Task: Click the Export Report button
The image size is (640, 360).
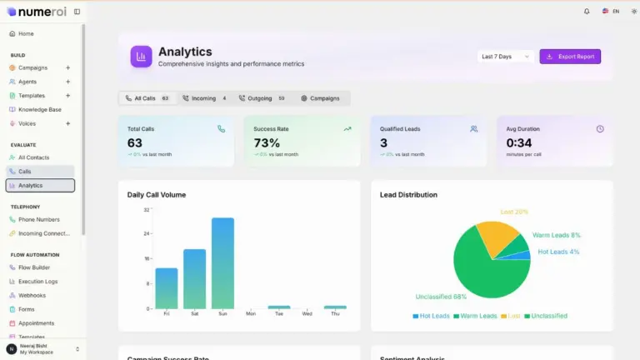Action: tap(570, 57)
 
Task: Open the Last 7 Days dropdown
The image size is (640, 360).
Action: tap(506, 57)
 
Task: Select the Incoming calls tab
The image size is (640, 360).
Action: tap(204, 98)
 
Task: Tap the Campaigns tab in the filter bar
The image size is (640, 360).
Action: tap(320, 98)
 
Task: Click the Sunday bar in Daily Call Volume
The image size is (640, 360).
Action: tap(222, 263)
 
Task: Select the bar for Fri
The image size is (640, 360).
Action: tap(167, 288)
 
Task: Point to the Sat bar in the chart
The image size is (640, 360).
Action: tap(194, 279)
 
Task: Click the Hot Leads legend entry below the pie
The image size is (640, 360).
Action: tap(432, 316)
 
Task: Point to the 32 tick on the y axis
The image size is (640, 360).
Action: tap(146, 210)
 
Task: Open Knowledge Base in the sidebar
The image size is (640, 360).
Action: tap(39, 109)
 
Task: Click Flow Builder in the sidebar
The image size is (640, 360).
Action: tap(33, 267)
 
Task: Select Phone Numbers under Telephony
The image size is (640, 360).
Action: tap(38, 219)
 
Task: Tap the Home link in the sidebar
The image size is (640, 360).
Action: tap(25, 33)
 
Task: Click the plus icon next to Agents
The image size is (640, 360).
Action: tap(67, 82)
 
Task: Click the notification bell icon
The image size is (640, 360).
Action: tap(587, 12)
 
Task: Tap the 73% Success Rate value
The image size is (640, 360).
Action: tap(267, 143)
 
